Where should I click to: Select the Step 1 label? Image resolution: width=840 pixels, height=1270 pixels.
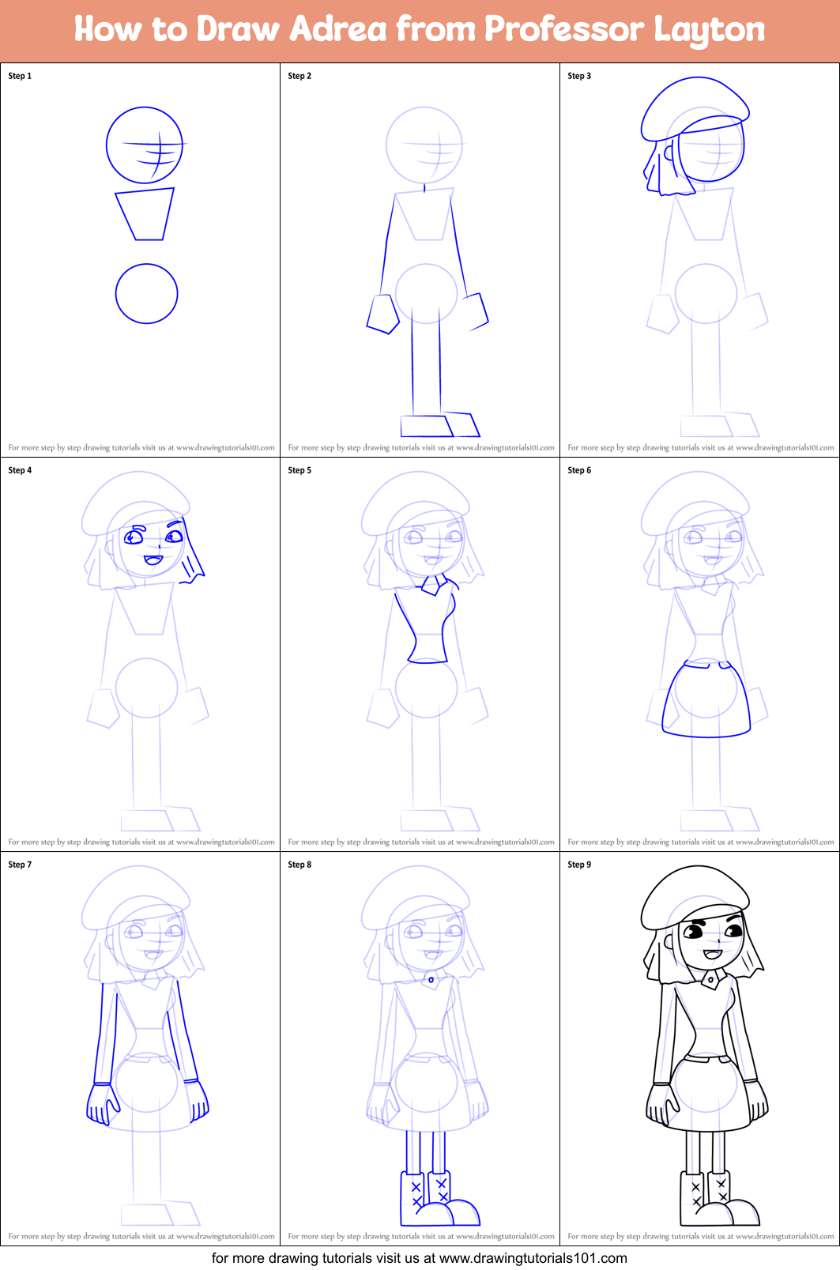click(20, 76)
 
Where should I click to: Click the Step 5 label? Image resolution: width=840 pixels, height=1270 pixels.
click(299, 470)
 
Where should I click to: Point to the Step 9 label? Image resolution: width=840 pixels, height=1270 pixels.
click(579, 865)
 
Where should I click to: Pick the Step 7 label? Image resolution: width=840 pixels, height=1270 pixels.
click(20, 865)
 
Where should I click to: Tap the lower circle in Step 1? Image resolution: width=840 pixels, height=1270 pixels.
click(146, 293)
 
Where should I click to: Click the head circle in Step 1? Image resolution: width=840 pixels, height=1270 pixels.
click(145, 145)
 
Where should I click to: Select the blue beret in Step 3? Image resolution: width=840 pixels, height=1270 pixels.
click(694, 107)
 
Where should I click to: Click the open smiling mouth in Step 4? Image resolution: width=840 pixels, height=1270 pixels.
click(153, 560)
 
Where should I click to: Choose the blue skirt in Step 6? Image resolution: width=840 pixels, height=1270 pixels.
click(706, 702)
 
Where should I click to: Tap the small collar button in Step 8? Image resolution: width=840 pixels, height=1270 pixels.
click(431, 980)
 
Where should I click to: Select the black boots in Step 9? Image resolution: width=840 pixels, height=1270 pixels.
click(715, 1201)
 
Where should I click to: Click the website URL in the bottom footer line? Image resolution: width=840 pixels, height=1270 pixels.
click(533, 1258)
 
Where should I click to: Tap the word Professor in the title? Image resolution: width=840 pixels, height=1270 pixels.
click(563, 29)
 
